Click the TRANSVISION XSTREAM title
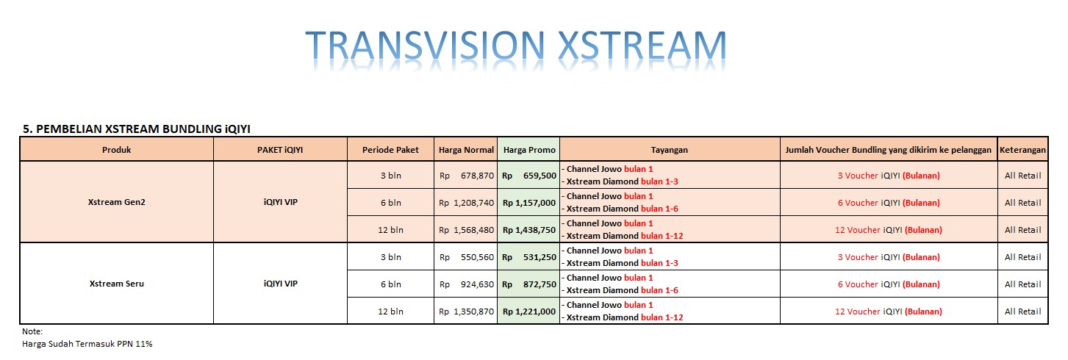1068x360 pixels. click(515, 46)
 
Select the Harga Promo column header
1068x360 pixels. click(529, 150)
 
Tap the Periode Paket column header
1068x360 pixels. click(390, 150)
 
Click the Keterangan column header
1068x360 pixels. click(1022, 150)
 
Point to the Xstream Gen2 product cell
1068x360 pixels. click(117, 202)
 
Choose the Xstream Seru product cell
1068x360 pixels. click(117, 284)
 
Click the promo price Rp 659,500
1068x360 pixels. click(529, 176)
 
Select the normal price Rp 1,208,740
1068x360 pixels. click(466, 203)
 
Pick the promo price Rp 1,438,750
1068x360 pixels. click(529, 230)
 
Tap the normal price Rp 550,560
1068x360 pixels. click(466, 257)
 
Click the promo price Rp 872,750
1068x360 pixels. click(529, 284)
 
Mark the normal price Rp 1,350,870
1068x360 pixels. click(466, 312)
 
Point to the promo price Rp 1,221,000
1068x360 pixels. click(529, 312)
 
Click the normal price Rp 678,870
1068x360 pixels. click(466, 176)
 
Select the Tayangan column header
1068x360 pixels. click(670, 150)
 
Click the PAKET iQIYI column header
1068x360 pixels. click(280, 150)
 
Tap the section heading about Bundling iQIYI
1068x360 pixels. click(137, 129)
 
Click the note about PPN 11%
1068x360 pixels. click(87, 344)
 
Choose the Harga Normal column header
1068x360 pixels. click(466, 150)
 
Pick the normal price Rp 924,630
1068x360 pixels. click(466, 284)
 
